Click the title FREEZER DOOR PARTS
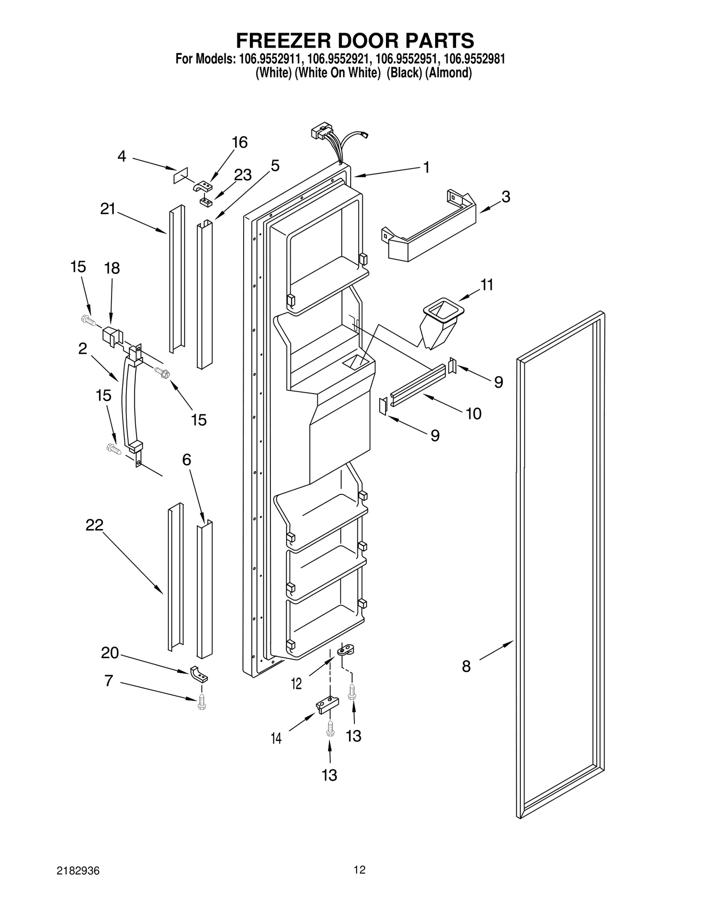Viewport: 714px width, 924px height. [355, 41]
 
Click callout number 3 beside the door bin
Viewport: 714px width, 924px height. [505, 197]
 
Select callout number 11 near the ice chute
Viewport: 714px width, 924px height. [486, 285]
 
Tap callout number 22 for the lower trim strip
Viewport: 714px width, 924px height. [94, 525]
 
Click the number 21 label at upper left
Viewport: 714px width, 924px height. [108, 209]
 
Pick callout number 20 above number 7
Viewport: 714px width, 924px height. [110, 653]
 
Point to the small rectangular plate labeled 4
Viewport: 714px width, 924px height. [181, 175]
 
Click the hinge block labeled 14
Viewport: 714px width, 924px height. [327, 705]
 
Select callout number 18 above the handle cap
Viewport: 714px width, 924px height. [112, 269]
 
